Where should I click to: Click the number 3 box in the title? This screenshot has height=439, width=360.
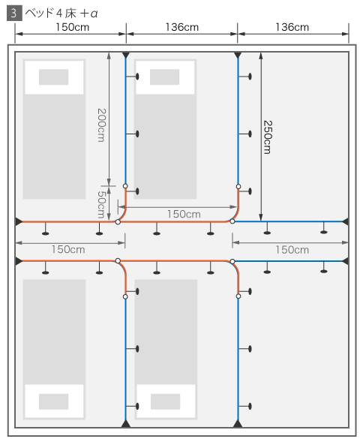[x=14, y=14]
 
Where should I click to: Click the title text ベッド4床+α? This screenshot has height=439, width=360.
[x=61, y=14]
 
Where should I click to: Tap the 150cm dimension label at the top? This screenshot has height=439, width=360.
[x=73, y=27]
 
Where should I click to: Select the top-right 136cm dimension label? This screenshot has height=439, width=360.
[x=292, y=27]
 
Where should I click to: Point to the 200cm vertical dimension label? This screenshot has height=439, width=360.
[x=101, y=125]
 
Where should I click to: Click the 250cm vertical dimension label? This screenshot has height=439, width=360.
[x=268, y=137]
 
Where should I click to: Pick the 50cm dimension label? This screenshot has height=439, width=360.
[x=101, y=204]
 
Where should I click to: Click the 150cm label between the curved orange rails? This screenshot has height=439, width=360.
[x=184, y=214]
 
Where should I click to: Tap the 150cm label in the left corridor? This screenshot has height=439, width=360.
[x=68, y=249]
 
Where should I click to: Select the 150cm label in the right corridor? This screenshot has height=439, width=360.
[x=292, y=250]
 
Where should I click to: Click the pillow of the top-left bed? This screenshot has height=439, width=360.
[x=54, y=77]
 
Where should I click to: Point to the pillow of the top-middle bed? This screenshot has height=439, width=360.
[x=165, y=77]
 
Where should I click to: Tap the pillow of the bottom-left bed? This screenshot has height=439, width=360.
[x=54, y=401]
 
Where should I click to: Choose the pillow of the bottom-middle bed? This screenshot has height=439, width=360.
[x=165, y=401]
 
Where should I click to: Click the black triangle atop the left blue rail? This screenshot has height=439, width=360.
[x=125, y=55]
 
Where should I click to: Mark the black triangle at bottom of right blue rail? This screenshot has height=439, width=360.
[x=238, y=423]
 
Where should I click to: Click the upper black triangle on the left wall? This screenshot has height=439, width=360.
[x=19, y=221]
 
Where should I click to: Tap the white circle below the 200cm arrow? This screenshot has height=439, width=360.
[x=125, y=186]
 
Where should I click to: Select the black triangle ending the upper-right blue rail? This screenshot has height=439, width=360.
[x=346, y=221]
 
